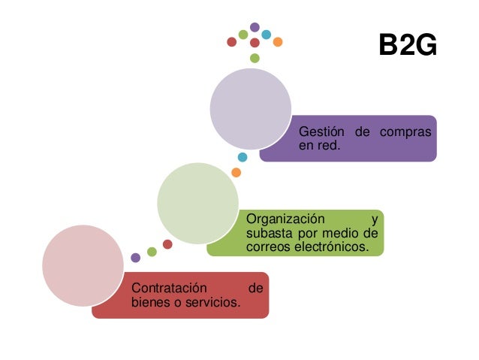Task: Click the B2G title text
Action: pos(407,47)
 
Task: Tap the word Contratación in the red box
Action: pos(169,289)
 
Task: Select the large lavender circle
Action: pos(250,110)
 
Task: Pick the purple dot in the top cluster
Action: pos(255,27)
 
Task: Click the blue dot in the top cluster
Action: pos(266,35)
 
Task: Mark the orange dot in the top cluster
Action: pos(278,41)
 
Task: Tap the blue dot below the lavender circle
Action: pos(242,157)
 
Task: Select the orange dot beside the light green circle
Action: pos(236,173)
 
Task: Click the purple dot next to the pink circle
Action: pos(135,257)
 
